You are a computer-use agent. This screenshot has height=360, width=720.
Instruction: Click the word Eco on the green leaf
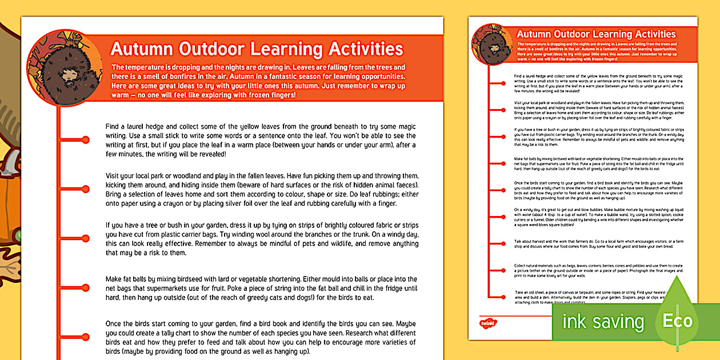click(677, 321)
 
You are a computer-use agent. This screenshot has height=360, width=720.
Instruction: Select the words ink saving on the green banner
click(603, 322)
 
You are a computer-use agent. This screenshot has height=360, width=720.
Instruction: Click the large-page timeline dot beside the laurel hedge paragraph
click(86, 140)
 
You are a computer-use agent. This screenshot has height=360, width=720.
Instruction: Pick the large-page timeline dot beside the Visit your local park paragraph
click(86, 188)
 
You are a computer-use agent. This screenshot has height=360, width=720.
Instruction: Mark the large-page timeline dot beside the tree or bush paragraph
click(86, 237)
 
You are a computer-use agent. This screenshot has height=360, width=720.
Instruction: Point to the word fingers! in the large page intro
click(279, 95)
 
